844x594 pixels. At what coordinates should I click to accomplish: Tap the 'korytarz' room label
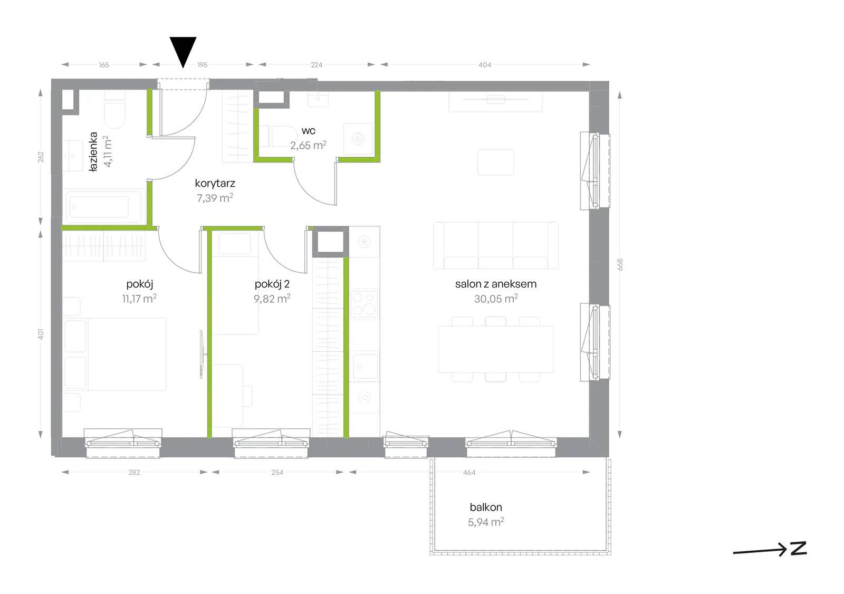[x=215, y=184]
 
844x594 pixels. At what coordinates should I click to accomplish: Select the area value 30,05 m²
[x=496, y=299]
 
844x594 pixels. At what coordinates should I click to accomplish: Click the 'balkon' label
[x=486, y=507]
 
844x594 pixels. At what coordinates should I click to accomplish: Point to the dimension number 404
[x=485, y=65]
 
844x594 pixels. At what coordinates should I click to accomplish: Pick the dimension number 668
[x=620, y=265]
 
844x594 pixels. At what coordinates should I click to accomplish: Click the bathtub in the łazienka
[x=103, y=207]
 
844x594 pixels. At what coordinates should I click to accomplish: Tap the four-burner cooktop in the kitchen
[x=364, y=304]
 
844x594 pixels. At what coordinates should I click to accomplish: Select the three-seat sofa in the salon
[x=496, y=245]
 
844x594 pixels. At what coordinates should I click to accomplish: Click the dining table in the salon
[x=496, y=349]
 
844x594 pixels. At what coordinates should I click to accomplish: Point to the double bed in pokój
[x=115, y=354]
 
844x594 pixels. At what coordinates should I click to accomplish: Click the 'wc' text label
[x=308, y=131]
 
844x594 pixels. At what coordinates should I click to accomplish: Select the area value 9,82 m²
[x=272, y=299]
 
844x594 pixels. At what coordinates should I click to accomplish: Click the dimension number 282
[x=134, y=472]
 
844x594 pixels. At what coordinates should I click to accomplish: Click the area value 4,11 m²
[x=108, y=151]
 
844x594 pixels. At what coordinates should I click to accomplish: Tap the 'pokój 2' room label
[x=272, y=284]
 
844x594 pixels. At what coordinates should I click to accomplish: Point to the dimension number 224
[x=316, y=65]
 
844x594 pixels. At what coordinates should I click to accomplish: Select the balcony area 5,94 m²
[x=486, y=522]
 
